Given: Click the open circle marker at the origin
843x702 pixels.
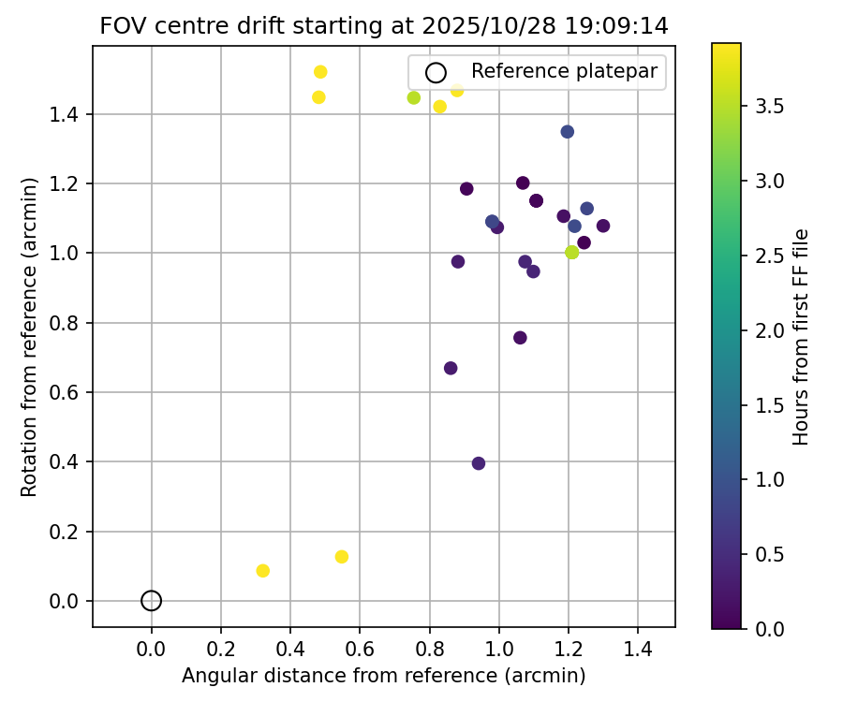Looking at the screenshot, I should (151, 601).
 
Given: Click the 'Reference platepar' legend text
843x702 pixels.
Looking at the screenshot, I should (565, 71).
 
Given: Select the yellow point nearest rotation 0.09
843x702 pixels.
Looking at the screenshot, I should (262, 571).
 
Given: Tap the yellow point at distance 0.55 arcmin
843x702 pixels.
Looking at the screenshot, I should (341, 557).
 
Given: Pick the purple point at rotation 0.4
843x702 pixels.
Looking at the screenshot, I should (479, 463).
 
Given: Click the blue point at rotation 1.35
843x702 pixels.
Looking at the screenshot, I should (567, 132).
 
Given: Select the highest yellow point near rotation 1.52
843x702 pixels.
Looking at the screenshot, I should (320, 72).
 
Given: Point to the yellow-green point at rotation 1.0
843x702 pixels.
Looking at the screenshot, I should (571, 252).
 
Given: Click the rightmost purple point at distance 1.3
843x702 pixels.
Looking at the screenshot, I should (603, 226).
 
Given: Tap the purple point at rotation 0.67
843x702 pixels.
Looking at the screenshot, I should (451, 368).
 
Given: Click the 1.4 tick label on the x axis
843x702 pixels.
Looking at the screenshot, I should (638, 647).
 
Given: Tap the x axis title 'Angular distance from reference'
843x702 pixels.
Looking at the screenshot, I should (383, 676).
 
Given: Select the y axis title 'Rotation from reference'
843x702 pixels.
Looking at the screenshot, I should (30, 337).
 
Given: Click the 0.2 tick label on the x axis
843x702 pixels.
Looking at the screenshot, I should (220, 647).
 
